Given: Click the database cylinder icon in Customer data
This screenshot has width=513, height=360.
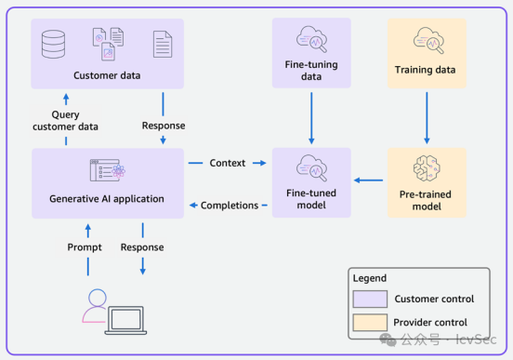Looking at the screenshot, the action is (x=53, y=45).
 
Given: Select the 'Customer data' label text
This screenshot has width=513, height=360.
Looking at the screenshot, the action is (x=107, y=75).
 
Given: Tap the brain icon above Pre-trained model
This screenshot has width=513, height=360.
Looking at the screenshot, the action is (x=427, y=168).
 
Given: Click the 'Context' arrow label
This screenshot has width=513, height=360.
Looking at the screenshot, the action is (x=228, y=163).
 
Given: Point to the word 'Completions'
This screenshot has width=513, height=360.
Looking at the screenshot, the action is (x=230, y=206).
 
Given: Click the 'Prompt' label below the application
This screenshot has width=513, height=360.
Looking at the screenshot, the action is (x=85, y=247).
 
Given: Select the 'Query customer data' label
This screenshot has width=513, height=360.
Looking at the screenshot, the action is (x=65, y=121).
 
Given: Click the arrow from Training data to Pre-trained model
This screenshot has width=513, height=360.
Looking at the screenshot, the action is (x=427, y=118).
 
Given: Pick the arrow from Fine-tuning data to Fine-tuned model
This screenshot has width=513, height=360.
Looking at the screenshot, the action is (x=311, y=118).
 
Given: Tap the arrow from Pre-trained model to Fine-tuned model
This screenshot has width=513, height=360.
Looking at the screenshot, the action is (x=368, y=180).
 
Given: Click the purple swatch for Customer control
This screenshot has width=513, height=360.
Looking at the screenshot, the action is (x=370, y=299).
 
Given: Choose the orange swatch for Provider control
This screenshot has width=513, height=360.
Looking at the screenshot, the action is (x=370, y=323).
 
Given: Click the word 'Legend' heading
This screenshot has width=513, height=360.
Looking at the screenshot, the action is (x=369, y=278).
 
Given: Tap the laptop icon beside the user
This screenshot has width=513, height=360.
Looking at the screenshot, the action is (x=125, y=320).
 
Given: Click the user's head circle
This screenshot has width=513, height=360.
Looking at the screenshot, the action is (x=98, y=298).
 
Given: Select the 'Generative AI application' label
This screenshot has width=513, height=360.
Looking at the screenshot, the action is (x=107, y=199).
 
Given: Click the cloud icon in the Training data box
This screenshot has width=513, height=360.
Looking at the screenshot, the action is (x=428, y=40).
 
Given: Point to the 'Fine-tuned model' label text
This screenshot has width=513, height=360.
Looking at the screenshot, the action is (x=311, y=199).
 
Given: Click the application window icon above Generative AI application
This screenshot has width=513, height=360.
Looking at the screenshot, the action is (x=108, y=170).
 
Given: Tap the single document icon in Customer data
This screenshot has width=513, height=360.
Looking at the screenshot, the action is (x=163, y=45).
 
